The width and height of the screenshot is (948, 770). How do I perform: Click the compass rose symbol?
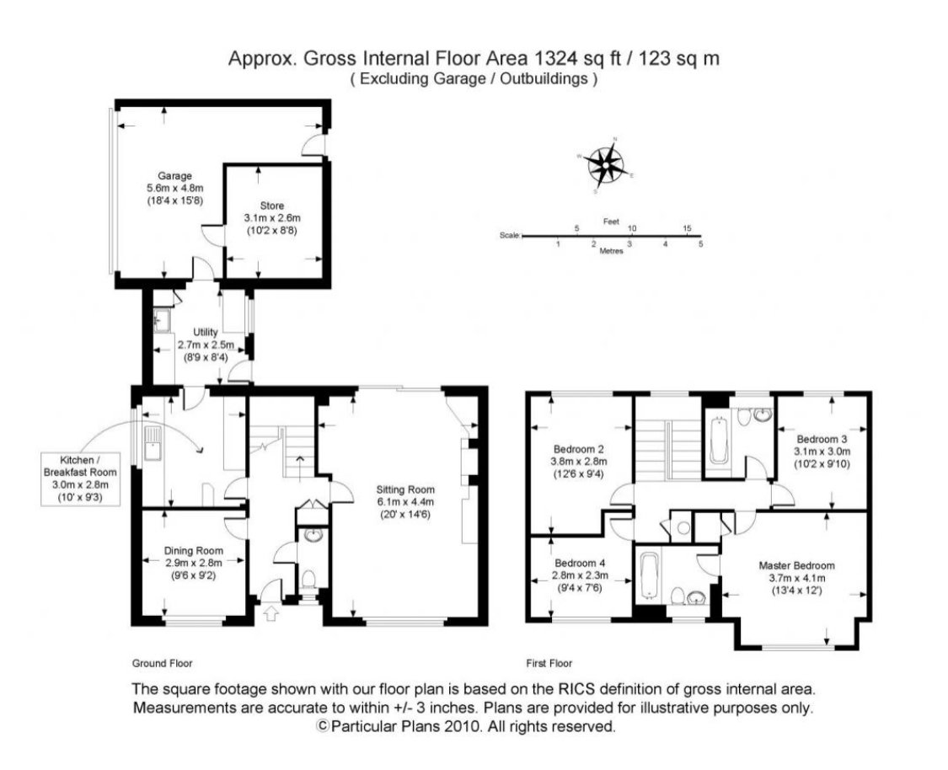tap(606, 164)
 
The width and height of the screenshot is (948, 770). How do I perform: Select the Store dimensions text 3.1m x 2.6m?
tap(271, 218)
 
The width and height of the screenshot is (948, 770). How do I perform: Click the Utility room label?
tap(205, 332)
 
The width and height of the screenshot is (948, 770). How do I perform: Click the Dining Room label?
tap(193, 552)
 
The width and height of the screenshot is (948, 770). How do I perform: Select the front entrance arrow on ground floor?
tap(270, 612)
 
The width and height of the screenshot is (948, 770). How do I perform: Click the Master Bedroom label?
tap(795, 565)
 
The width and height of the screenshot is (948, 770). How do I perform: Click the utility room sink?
tap(160, 321)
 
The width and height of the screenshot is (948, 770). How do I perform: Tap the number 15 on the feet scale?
tap(688, 228)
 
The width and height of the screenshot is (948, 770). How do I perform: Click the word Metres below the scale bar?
tap(611, 251)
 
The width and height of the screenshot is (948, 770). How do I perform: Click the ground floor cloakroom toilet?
tap(308, 579)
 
